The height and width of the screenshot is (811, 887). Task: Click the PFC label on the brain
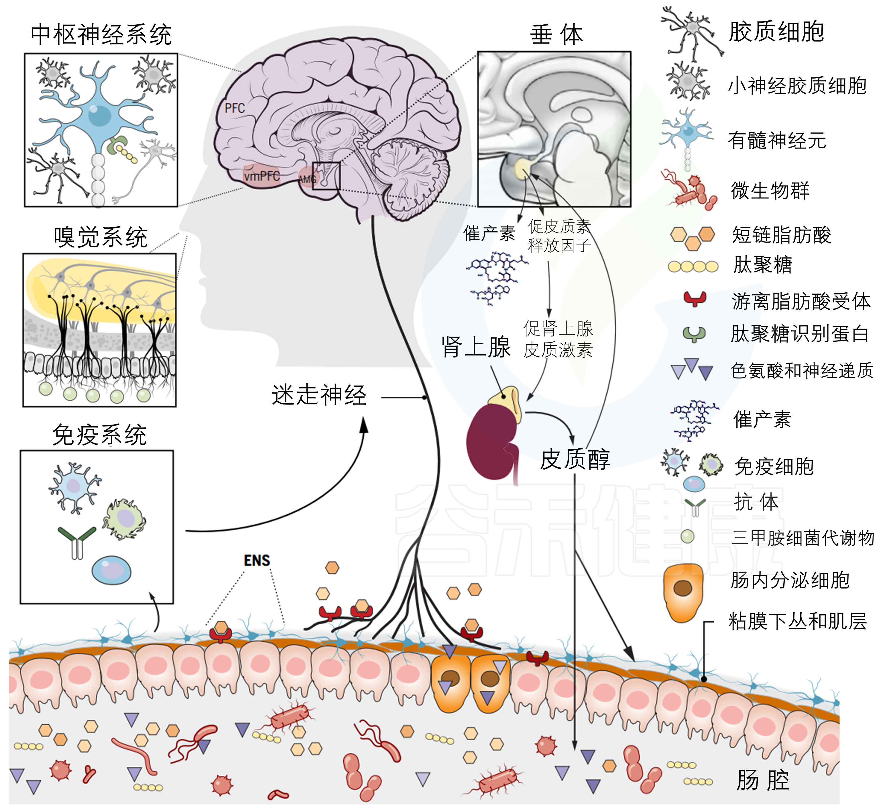(235, 108)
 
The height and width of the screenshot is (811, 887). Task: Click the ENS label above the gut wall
(257, 560)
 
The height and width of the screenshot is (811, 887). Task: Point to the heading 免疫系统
(99, 435)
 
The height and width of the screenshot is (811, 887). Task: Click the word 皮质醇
(575, 459)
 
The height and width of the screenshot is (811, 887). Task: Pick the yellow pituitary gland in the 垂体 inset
(523, 169)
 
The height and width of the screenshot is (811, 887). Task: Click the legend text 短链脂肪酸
(781, 235)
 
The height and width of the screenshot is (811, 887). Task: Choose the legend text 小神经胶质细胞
(797, 85)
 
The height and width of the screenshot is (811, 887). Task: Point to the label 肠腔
(763, 780)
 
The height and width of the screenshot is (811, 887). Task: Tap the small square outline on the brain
(326, 176)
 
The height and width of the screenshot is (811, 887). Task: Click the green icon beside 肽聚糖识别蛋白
(694, 334)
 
